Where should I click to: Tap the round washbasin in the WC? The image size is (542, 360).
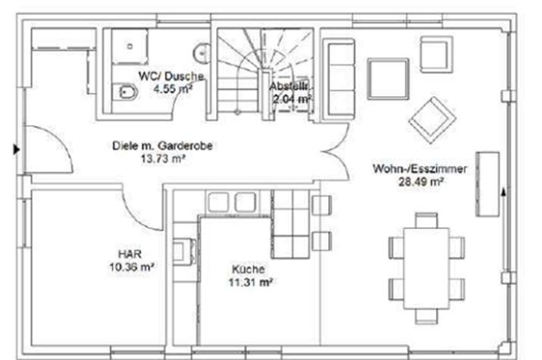click(203, 53)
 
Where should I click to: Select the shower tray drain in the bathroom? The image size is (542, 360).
click(130, 46)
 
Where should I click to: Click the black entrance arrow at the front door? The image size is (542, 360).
click(17, 149)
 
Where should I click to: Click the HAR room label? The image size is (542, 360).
click(130, 255)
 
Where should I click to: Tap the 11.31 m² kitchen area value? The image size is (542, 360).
click(251, 282)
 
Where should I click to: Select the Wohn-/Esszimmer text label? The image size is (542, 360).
click(420, 168)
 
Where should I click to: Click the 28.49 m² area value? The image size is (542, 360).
click(421, 181)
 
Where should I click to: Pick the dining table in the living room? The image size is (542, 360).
click(427, 268)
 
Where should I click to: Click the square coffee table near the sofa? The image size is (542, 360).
click(388, 79)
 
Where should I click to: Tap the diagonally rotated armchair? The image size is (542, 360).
click(432, 120)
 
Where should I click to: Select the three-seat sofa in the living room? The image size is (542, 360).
click(340, 77)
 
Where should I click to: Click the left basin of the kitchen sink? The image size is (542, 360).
click(218, 202)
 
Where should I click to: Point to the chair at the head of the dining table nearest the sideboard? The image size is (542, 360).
click(427, 220)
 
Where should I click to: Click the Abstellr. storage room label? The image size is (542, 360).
click(289, 86)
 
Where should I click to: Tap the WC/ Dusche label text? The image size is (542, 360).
click(171, 76)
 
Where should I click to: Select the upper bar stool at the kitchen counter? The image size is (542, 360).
click(322, 205)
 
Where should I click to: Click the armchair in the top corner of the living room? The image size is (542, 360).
click(436, 55)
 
